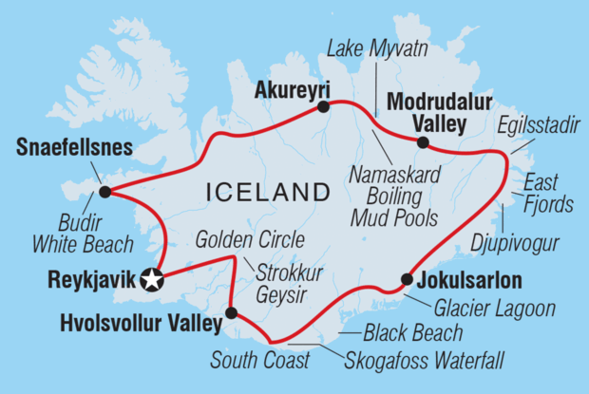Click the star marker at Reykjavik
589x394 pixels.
point(151,279)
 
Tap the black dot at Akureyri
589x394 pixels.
point(324,107)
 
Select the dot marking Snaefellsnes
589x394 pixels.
point(104,192)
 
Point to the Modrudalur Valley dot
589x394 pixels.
point(423,143)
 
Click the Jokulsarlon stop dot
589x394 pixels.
point(407,279)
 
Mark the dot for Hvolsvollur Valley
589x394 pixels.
point(231,311)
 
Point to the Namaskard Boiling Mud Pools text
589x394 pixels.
point(390,197)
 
